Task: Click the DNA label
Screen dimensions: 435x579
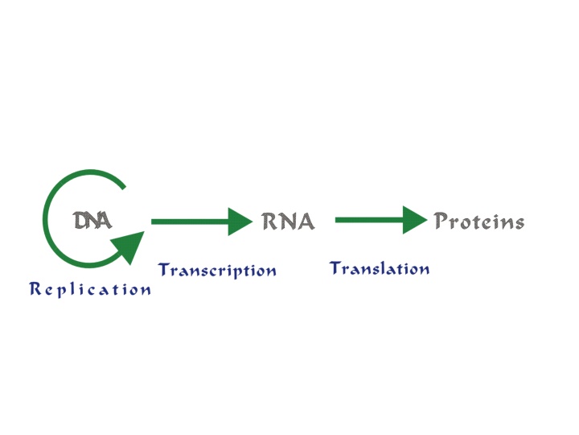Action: coord(92,220)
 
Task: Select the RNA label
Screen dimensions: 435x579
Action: coord(288,222)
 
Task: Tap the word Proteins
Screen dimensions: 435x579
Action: coord(478,221)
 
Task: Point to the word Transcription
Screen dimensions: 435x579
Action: coord(217,270)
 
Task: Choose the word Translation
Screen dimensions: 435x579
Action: coord(380,268)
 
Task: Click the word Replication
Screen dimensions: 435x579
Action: coord(90,289)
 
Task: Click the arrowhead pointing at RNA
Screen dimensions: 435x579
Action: coord(240,221)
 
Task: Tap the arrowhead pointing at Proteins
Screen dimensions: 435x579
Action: coord(414,219)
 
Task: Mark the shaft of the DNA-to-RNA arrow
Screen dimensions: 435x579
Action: coord(190,221)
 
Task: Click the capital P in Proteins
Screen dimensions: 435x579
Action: coord(441,221)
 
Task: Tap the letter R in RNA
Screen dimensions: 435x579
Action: coord(269,222)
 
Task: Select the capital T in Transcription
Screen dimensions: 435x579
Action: coord(164,269)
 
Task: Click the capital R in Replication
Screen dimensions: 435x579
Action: coord(35,288)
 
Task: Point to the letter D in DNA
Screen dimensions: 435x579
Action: coord(81,220)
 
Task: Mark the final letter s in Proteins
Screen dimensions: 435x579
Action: coord(519,222)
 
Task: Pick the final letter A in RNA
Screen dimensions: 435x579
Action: coord(306,222)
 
